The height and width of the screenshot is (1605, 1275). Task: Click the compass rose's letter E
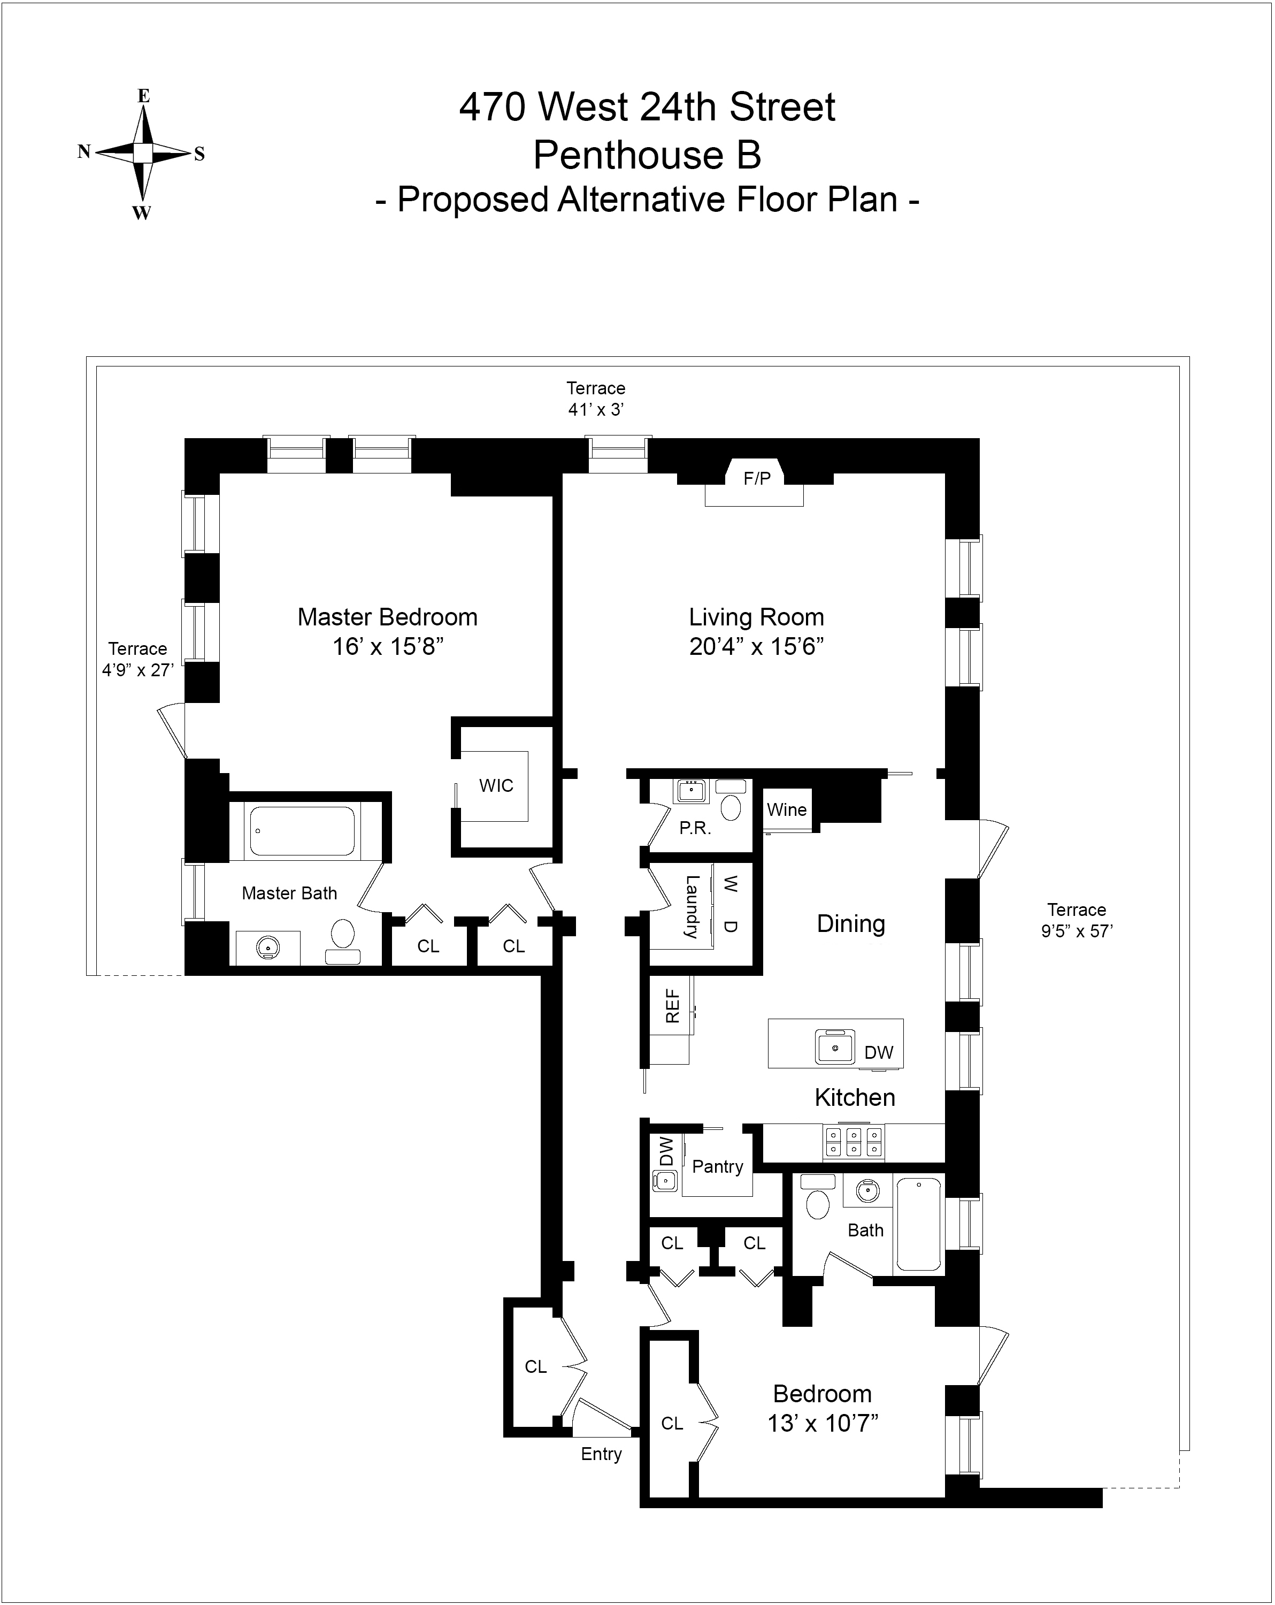[144, 96]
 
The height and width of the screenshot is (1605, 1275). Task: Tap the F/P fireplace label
[757, 479]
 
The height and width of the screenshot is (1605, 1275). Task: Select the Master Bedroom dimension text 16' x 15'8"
[387, 646]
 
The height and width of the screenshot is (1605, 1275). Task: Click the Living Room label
[756, 617]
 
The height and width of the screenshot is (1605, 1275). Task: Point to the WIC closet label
[496, 785]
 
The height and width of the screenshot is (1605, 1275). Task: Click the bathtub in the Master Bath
[302, 831]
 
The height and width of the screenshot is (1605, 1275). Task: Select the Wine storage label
[787, 810]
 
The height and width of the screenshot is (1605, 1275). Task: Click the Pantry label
[718, 1166]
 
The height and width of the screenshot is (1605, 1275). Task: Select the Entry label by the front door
[601, 1454]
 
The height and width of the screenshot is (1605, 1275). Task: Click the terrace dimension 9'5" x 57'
[1076, 930]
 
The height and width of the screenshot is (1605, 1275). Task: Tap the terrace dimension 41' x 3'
[595, 409]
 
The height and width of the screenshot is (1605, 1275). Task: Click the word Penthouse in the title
[627, 155]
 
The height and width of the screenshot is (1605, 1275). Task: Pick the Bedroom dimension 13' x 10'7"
[823, 1423]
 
